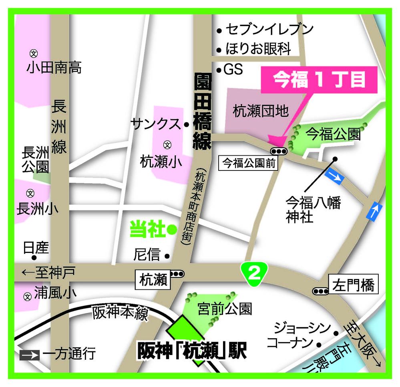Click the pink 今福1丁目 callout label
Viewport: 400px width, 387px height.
[x=319, y=80]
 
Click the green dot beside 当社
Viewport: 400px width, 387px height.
[x=172, y=229]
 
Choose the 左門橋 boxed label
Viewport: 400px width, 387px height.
[x=353, y=285]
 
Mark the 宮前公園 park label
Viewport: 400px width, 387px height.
[x=225, y=309]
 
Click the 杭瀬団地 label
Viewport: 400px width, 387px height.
[x=261, y=111]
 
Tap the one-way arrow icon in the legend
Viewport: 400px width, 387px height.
[x=29, y=354]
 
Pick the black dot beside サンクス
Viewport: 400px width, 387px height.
[x=187, y=124]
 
